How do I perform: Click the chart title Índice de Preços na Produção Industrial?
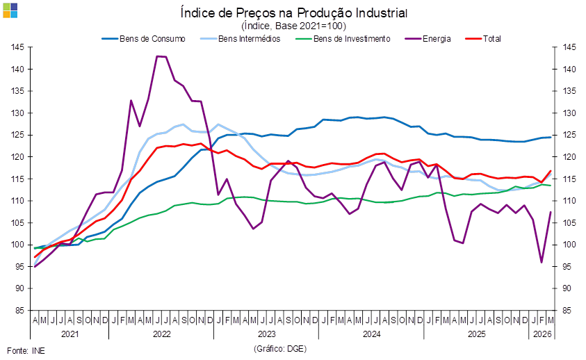point(293,13)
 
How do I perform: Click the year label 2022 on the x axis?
point(161,334)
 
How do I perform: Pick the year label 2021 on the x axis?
point(70,334)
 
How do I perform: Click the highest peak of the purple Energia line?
point(161,56)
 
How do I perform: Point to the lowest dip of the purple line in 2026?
point(542,263)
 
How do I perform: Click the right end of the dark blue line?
point(551,138)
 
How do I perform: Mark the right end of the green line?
point(551,185)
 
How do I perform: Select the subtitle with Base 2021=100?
point(293,26)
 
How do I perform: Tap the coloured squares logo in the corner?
point(10,10)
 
